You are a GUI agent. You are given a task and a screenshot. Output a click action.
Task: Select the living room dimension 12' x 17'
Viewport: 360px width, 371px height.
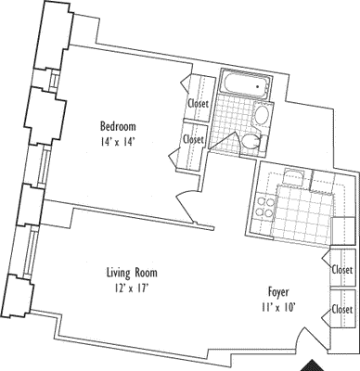pyautogui.click(x=130, y=288)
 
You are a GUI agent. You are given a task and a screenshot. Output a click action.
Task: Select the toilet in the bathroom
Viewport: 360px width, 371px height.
pyautogui.click(x=251, y=141)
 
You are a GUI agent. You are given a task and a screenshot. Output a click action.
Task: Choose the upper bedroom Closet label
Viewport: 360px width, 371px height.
pyautogui.click(x=196, y=104)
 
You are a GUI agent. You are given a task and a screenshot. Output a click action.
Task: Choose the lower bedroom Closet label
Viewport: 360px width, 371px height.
pyautogui.click(x=194, y=139)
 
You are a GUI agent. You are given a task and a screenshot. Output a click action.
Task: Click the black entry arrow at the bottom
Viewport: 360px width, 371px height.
pyautogui.click(x=320, y=364)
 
